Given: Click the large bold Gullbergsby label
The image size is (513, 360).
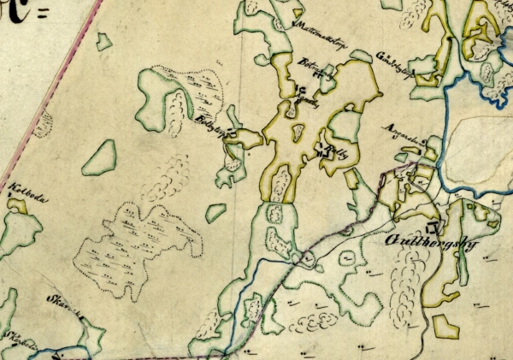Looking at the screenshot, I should [423, 248].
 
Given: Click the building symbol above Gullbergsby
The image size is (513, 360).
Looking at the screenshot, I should [432, 228].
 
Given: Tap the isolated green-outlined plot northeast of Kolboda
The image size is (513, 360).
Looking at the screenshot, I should [99, 157].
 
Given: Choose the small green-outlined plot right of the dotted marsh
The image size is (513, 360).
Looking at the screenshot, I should [215, 212].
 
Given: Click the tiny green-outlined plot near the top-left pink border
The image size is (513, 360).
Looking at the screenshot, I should [103, 40].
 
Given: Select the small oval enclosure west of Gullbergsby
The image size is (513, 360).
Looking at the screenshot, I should [349, 256].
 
